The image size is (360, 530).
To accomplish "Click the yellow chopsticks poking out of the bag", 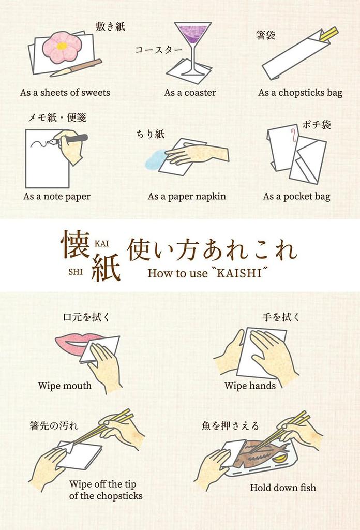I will click(329, 34).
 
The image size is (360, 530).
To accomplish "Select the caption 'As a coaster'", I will click(190, 93).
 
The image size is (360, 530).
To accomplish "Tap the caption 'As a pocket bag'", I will click(296, 196).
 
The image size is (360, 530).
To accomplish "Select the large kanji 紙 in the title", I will click(106, 268).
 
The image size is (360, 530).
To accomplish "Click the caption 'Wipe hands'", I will click(250, 386).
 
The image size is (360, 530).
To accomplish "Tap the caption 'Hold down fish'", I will click(283, 488).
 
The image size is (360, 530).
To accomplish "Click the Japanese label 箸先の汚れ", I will click(54, 426).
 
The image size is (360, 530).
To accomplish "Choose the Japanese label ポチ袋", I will click(317, 125).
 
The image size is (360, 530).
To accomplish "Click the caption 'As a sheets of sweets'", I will click(65, 93).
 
